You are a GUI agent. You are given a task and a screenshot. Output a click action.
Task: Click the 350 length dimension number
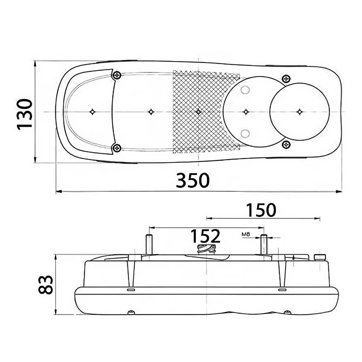click(x=193, y=180)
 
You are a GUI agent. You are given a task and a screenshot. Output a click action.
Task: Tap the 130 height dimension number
click(x=24, y=114)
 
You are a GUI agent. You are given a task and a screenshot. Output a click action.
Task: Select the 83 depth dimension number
click(x=46, y=285)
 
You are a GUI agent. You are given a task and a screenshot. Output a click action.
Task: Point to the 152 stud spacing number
click(x=205, y=236)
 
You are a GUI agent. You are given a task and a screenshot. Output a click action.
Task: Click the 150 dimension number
click(x=261, y=210)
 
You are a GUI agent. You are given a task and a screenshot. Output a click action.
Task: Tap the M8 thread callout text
click(x=246, y=234)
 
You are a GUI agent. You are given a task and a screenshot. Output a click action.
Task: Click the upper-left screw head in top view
click(x=117, y=75)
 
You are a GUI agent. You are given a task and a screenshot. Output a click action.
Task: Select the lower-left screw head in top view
click(x=117, y=148)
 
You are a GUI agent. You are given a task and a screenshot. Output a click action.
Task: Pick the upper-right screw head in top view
click(x=286, y=79)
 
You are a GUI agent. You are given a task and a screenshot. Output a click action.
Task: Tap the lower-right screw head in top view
click(x=286, y=145)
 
